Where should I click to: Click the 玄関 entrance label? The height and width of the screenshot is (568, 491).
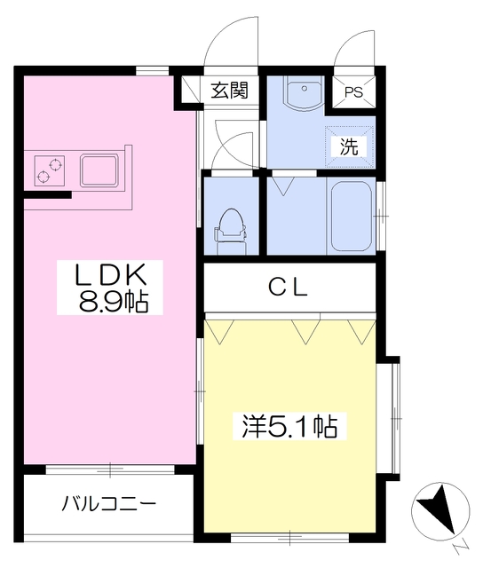[x=228, y=90]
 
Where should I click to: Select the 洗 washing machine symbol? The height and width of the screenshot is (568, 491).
[x=350, y=146]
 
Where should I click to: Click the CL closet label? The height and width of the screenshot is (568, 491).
[x=289, y=287]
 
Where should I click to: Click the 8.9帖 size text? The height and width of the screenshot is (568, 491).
[x=112, y=303]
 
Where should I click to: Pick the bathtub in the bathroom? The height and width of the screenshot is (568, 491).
[x=351, y=216]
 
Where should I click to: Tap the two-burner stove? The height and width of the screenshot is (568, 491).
[x=50, y=170]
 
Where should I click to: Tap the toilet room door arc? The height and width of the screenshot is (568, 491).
[x=233, y=151]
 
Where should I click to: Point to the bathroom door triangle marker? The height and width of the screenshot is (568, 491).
[x=283, y=185]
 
